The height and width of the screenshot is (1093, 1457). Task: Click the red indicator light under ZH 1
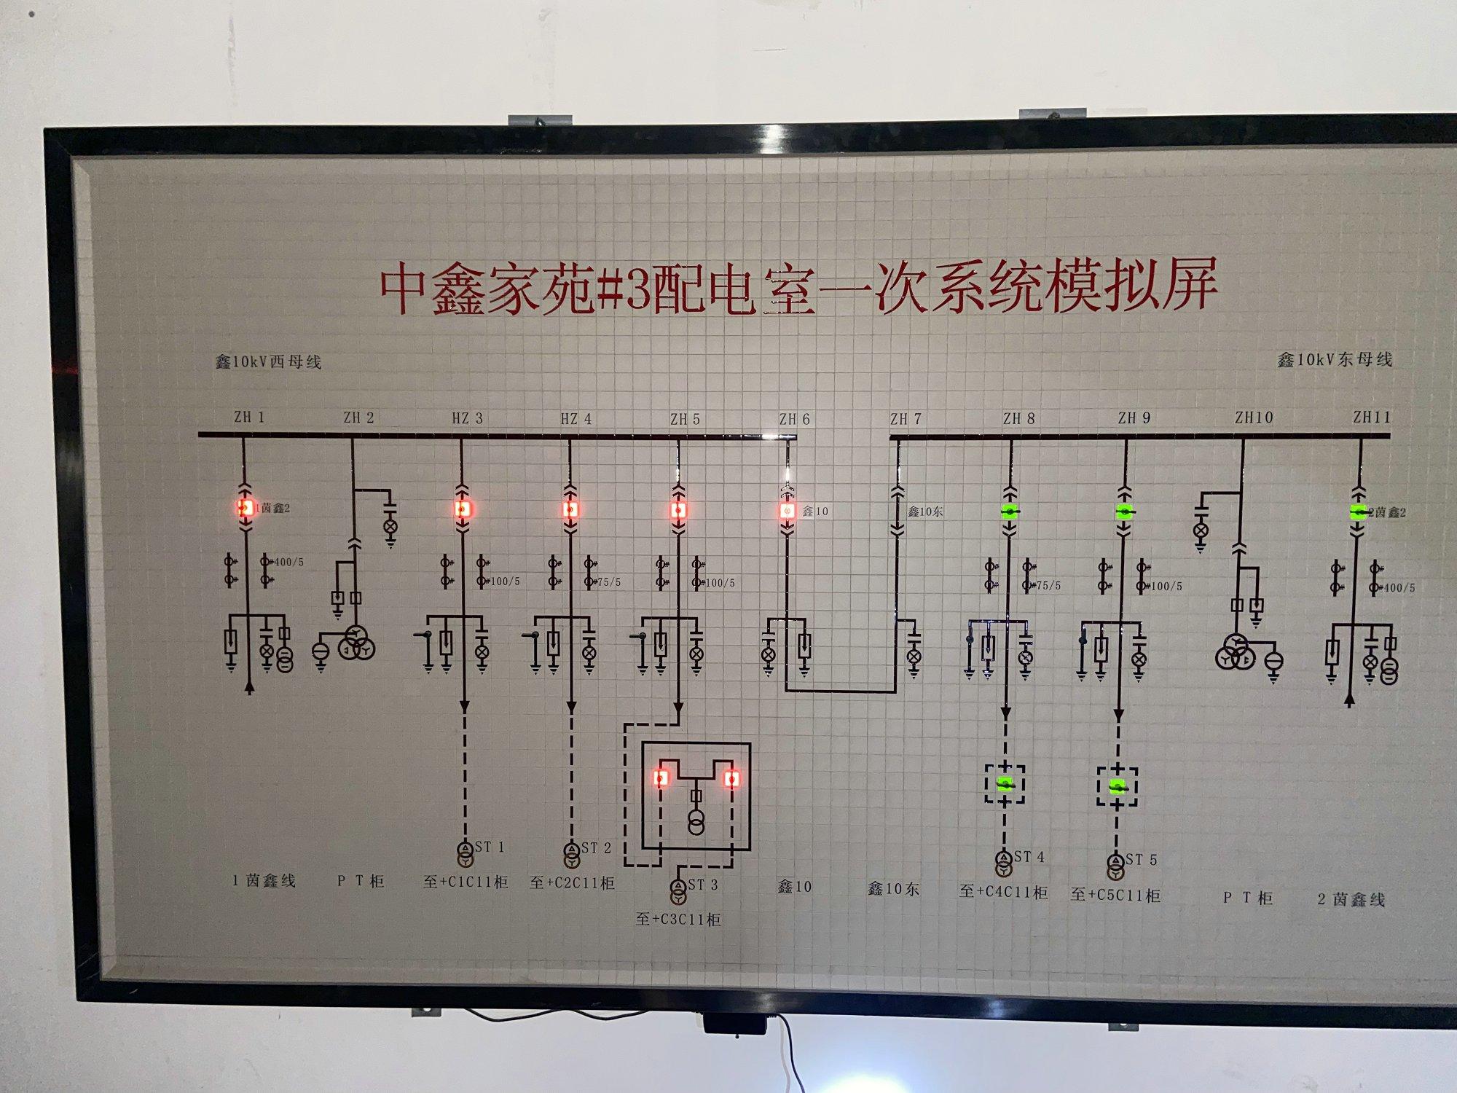coord(245,507)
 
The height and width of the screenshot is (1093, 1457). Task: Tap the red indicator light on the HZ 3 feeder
coord(462,509)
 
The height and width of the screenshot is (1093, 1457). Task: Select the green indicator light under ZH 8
coord(1009,512)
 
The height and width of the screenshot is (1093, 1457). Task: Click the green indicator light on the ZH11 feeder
coord(1358,512)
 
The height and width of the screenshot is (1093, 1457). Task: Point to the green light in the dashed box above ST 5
coord(1117,787)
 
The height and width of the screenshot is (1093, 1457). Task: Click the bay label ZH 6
coord(794,419)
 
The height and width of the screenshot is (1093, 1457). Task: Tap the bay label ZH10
coord(1254,418)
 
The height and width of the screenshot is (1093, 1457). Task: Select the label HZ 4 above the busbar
coord(576,419)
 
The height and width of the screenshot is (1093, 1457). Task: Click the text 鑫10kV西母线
coord(268,361)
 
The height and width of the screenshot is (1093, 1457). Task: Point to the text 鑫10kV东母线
coord(1335,359)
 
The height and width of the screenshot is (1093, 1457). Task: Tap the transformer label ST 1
coord(490,847)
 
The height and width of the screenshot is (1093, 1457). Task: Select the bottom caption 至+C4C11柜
coord(1003,891)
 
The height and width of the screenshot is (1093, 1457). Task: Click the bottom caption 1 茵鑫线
coord(264,880)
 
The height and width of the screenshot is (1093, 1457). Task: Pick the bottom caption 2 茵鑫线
coord(1351,899)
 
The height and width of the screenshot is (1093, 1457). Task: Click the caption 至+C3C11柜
coord(678,920)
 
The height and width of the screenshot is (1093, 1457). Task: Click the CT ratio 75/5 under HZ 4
coord(608,582)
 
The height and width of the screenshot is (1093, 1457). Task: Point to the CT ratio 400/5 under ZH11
coord(1399,587)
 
